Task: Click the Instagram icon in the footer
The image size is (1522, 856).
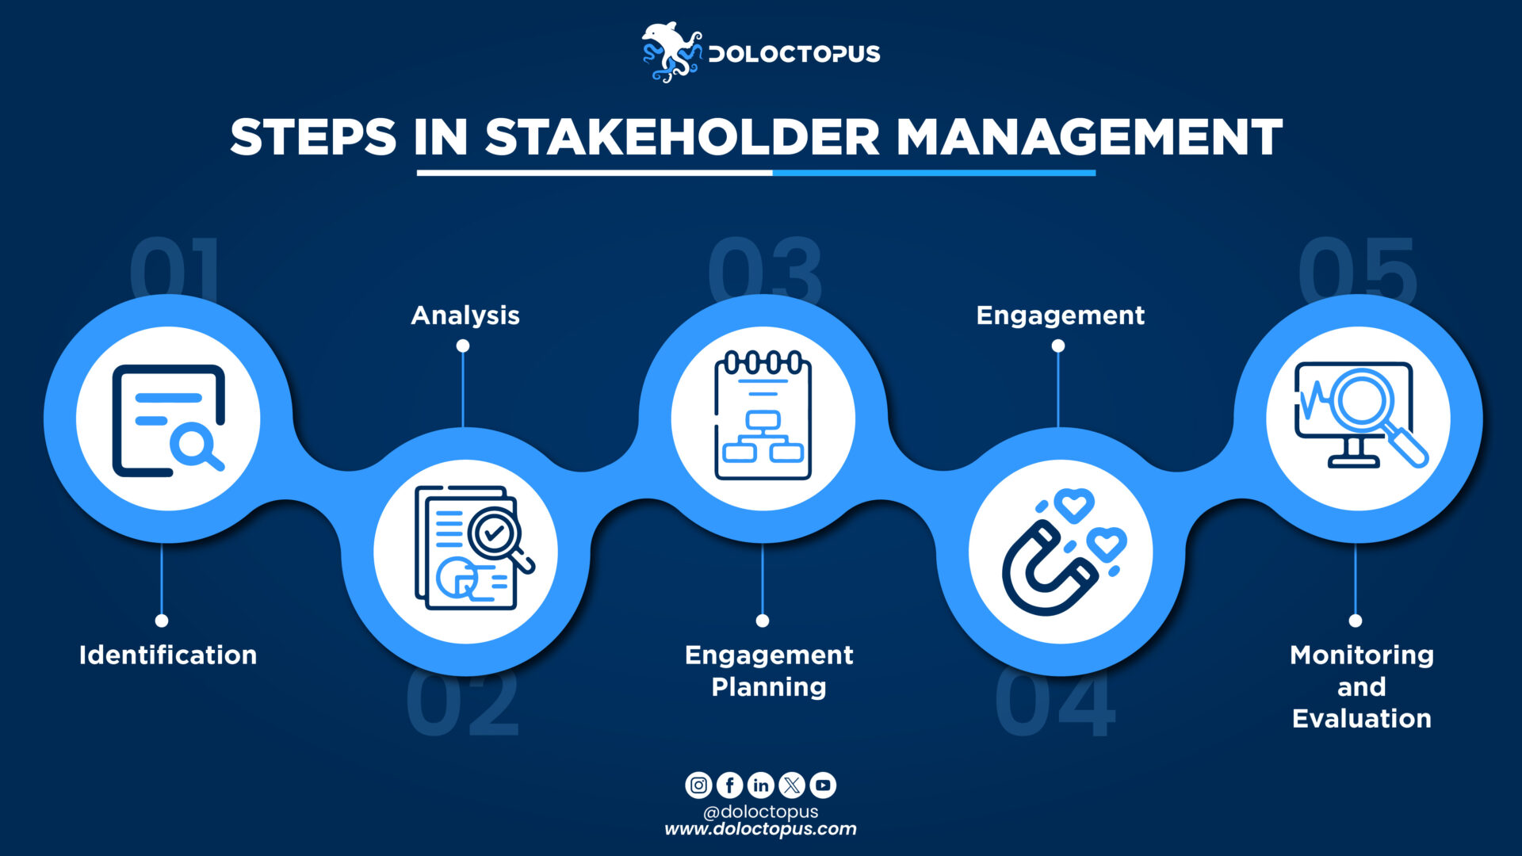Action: coord(698,785)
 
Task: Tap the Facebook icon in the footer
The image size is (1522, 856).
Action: coord(729,785)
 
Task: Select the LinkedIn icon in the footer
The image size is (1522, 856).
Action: coord(760,785)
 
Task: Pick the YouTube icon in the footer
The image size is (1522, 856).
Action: coord(823,785)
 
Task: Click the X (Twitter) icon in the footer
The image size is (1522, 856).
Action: coord(792,785)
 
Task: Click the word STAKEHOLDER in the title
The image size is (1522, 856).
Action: coord(682,137)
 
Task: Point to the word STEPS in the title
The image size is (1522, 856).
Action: coord(313,137)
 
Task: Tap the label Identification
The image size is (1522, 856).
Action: coord(168,655)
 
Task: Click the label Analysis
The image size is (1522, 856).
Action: coord(465,315)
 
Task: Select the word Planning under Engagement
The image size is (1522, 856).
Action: coord(769,686)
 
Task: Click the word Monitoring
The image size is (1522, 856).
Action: coord(1362,655)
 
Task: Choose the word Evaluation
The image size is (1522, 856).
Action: coord(1362,718)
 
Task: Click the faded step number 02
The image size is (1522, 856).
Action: coord(463,704)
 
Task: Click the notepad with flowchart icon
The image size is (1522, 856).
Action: coord(763,417)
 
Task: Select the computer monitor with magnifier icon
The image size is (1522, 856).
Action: coord(1359,417)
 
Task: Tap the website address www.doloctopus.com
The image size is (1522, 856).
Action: coord(760,829)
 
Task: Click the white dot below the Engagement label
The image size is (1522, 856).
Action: coord(1058,346)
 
